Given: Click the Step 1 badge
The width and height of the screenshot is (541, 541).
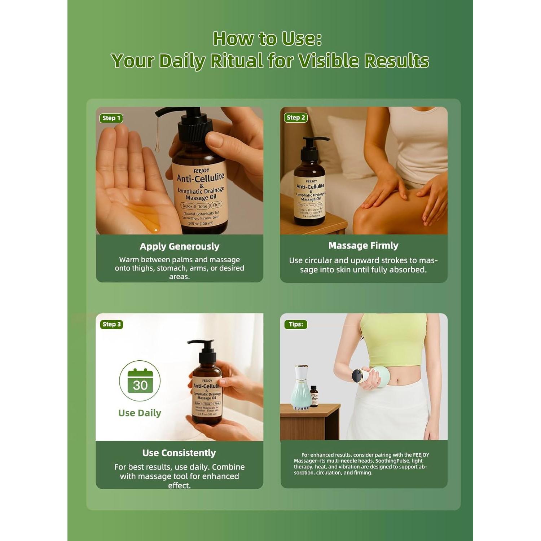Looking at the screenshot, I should point(111,118).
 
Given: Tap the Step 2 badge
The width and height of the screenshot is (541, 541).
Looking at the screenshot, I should point(296,118).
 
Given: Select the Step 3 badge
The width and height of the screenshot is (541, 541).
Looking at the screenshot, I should point(111,324).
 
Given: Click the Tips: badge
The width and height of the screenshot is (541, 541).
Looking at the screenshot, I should point(296,324).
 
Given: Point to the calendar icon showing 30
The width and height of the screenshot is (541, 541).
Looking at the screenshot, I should point(140,381).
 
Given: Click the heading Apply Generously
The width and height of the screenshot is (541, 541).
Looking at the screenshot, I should point(179,246).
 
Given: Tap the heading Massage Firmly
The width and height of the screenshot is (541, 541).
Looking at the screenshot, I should point(363,246).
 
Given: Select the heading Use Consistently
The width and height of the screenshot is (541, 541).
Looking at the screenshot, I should point(179,453).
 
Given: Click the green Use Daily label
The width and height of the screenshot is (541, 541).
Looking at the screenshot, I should point(140,413).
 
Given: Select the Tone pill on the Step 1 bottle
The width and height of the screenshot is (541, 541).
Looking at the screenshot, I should point(202,206).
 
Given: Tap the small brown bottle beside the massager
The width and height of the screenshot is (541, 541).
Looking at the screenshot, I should point(314,396).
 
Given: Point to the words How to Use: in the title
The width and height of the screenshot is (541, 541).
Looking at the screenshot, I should point(267,39).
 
